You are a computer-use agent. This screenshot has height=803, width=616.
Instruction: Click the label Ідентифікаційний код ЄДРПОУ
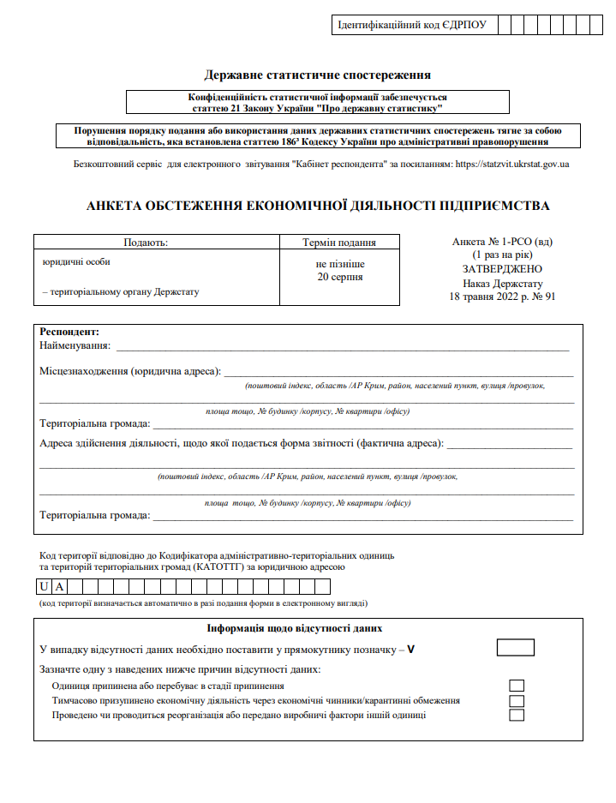coord(413,25)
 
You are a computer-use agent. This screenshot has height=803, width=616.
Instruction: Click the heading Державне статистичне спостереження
coord(318,75)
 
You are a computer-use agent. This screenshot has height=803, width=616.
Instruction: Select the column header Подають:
coord(146,243)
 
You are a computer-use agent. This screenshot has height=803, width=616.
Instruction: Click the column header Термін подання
coord(339,243)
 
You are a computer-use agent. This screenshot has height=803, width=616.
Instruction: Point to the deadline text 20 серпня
coord(339,277)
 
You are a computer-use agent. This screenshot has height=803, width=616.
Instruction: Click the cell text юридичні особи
coord(76,261)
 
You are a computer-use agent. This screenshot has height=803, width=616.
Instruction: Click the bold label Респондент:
coord(69,332)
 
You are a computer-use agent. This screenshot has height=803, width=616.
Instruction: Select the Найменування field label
coord(75,345)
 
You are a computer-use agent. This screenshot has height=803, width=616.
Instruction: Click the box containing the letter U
coord(43,587)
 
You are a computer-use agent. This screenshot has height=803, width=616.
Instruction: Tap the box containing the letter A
coord(59,587)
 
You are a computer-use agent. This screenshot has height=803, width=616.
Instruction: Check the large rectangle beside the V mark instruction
coord(515,648)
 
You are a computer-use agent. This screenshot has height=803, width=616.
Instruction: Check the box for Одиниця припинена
coord(517,686)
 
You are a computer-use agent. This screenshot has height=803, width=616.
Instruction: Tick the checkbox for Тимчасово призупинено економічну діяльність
coord(517,701)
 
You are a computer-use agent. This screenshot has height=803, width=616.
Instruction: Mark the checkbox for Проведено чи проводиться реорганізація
coord(517,716)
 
